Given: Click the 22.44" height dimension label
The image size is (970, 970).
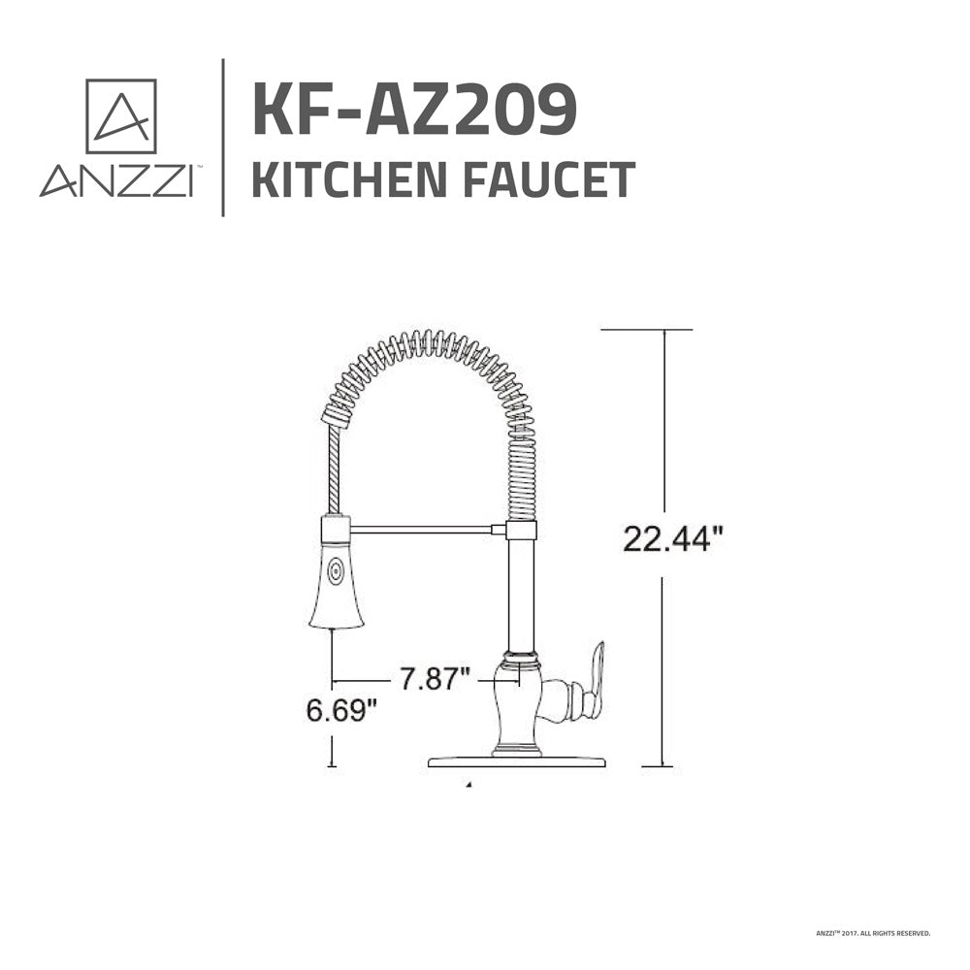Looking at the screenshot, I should coord(673,539).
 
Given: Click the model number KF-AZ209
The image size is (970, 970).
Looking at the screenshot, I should coord(414,110).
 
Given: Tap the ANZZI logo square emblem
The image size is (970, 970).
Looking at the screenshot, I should coord(120,115).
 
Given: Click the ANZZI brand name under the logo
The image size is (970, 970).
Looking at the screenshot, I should coord(114,181).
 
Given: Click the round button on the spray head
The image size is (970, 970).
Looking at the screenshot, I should coord(336,571).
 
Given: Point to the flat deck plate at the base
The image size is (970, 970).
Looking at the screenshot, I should coord(517,761).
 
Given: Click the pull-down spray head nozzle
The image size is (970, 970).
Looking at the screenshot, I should coord(337,587).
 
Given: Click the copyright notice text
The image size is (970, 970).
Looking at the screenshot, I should coord(873,933).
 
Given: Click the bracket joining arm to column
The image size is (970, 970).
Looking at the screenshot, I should coord(520,530).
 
